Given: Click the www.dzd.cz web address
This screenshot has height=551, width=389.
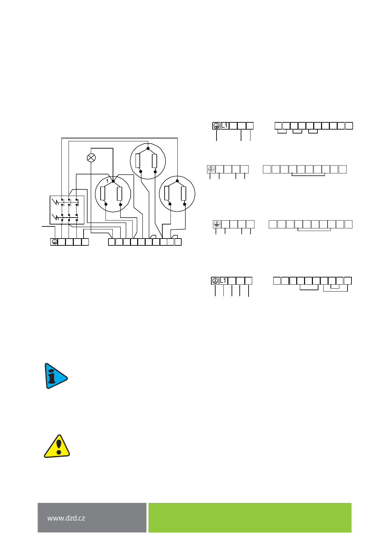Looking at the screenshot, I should point(66,518).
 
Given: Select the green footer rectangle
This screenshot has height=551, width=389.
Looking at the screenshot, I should point(250,518).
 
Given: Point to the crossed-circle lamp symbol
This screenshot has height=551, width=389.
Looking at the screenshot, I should point(91,158).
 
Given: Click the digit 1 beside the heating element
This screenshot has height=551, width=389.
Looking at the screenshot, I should point(107,181).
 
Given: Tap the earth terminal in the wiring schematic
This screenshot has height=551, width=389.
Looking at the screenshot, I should point(54,242).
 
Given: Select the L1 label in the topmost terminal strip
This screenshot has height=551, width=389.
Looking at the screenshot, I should point(225,126).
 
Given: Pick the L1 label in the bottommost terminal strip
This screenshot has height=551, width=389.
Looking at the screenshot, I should point(223,281).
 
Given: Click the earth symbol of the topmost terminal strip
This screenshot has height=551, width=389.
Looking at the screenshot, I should point(216,126).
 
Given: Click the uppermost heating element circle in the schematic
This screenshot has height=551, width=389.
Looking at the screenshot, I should point(148,161).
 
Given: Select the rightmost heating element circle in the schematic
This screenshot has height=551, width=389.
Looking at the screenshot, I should point(177,194).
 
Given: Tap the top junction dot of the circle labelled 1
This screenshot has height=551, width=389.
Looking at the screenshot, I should point(113,181).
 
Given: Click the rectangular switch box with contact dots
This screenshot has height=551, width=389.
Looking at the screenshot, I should point(67,210).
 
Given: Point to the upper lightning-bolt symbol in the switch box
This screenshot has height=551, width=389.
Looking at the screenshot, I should point(56,202).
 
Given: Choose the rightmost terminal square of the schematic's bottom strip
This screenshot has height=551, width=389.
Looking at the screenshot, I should point(178,242).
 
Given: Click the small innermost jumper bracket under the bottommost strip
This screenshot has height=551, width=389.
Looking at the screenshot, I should point(335,287).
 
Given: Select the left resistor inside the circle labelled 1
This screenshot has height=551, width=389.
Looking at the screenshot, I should point(103,193).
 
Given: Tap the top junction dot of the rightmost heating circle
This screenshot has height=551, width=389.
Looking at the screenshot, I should point(177,181).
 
